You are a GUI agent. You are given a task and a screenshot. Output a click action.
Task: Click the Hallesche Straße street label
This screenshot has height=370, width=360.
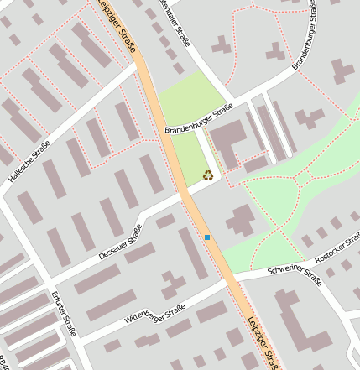point(29,162)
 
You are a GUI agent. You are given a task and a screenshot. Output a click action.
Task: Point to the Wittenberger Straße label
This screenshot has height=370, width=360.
point(154,315)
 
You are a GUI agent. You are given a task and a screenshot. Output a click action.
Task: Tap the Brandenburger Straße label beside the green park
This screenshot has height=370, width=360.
point(198,118)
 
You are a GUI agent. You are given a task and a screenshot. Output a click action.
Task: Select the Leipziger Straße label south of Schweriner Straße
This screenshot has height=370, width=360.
point(265,340)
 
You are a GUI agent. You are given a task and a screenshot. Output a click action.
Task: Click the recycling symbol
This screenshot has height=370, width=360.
point(207,175)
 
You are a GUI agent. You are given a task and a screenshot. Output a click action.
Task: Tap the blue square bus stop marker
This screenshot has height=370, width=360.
point(207,237)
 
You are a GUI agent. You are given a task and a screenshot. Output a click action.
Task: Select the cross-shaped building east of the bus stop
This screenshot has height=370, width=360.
point(242,220)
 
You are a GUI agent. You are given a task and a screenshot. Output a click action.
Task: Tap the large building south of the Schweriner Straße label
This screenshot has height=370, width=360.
point(302,323)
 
